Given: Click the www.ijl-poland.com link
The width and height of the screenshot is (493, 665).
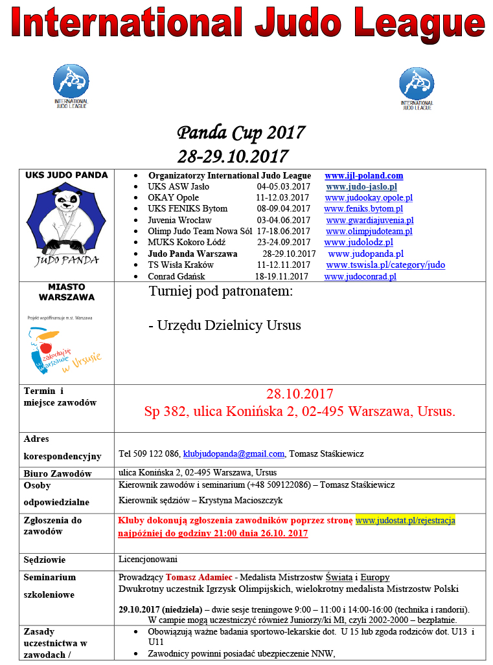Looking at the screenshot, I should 363,176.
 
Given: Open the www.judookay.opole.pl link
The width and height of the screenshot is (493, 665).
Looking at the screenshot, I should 369,198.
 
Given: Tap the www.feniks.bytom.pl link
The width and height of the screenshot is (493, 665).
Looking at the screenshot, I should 363,209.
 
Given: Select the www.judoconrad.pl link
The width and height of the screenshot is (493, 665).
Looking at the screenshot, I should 360,277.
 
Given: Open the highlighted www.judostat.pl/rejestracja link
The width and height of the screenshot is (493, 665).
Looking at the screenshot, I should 406,520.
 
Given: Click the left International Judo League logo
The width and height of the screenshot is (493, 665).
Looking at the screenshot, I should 71,87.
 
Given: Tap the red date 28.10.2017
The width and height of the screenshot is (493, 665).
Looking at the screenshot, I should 299,394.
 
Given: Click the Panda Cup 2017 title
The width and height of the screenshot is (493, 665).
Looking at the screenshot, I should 241,133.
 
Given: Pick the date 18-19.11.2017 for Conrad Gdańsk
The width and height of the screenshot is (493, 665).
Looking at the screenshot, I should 281,277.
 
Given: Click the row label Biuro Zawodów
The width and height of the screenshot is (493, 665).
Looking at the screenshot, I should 56,474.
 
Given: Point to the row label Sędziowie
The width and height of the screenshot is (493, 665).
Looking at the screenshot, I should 45,560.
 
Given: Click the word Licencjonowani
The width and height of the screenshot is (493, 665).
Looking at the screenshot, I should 148,560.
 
